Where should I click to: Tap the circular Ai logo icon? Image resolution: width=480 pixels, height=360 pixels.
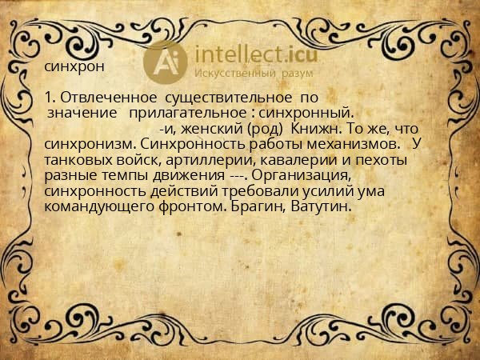[x=165, y=62]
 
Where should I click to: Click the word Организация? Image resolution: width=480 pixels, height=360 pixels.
[x=307, y=174]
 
